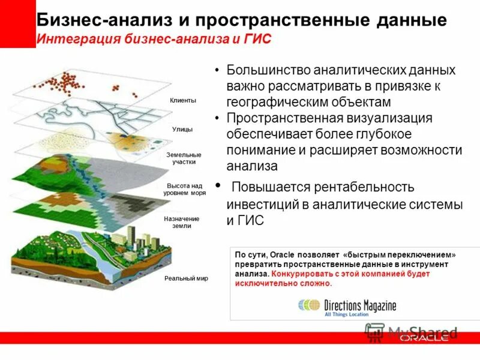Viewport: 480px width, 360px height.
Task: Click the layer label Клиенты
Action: point(182,101)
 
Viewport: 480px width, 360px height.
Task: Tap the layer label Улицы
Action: point(182,129)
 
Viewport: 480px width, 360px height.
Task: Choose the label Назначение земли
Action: point(181,222)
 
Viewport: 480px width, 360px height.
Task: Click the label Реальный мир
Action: point(186,279)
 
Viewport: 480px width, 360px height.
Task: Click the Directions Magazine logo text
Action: point(360,305)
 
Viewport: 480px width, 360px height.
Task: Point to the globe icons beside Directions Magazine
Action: point(309,305)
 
